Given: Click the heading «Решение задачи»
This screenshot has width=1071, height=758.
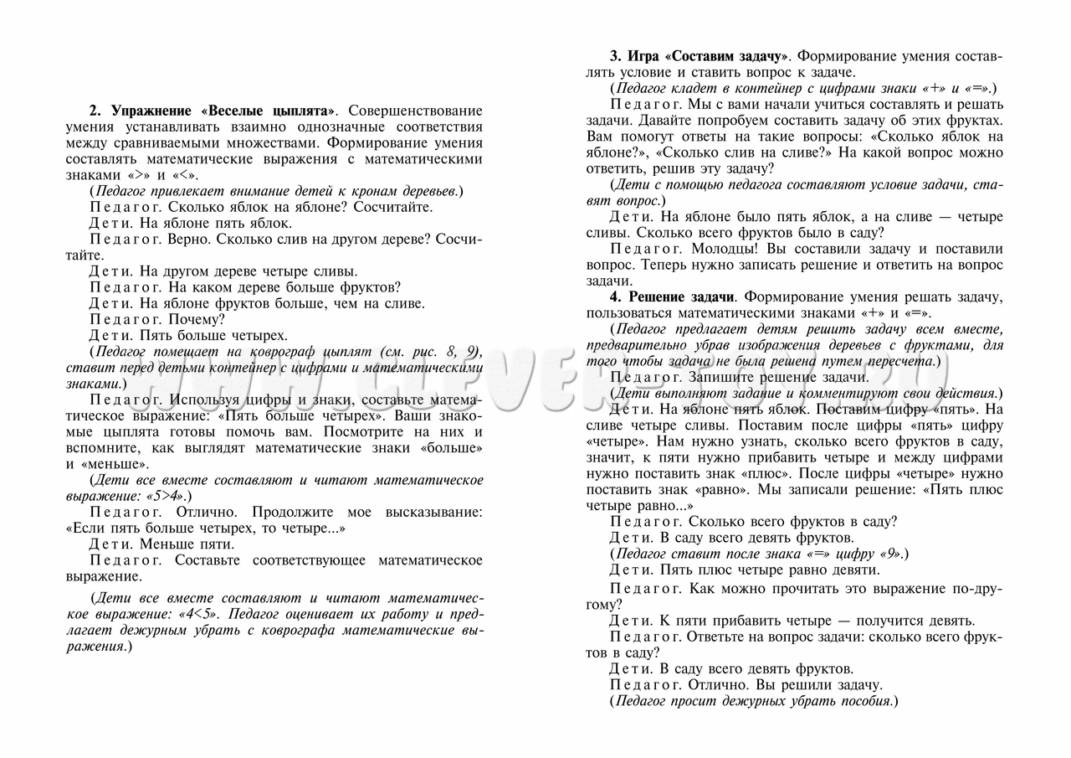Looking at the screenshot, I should (681, 296).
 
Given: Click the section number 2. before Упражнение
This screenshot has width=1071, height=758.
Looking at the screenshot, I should (95, 111).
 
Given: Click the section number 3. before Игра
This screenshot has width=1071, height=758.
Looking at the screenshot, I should (615, 56).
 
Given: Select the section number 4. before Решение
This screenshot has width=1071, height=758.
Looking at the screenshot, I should (615, 296).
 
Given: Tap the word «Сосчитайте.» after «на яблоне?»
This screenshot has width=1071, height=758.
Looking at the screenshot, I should (393, 207).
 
